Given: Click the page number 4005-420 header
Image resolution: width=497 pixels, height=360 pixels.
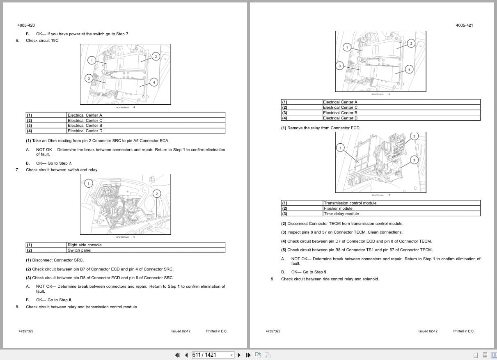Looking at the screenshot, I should coord(23,25).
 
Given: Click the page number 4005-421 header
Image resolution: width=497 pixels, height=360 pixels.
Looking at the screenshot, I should coord(464,25).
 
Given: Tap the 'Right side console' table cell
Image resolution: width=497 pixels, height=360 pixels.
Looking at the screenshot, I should coord(85,245).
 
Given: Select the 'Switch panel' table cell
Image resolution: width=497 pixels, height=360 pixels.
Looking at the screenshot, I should coord(79,250).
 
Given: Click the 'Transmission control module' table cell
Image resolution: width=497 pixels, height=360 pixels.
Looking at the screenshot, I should coord(350,203).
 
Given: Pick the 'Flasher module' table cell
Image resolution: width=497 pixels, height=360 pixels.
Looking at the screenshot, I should coord(338,209).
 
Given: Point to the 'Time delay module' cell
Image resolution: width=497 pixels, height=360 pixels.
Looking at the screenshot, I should coord(341,214).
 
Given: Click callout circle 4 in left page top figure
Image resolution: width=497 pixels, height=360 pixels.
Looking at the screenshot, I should coord(154,82).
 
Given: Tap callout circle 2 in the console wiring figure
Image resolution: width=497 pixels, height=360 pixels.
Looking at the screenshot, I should coord(157,193).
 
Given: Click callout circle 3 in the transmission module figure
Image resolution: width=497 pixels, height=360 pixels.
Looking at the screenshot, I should coord(415,160).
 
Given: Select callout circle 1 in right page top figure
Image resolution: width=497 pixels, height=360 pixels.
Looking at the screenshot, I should coord(347,47).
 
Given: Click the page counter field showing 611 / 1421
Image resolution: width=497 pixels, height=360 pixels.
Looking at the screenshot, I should coord(210,355).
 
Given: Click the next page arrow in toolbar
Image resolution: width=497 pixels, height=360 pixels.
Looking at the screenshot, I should coord(239,355).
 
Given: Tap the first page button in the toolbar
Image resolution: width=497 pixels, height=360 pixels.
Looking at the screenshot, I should coord(177,355).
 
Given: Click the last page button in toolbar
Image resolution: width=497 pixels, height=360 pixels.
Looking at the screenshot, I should coord(248,355).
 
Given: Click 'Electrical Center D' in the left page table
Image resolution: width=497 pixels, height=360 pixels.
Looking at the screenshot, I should coord(85,131).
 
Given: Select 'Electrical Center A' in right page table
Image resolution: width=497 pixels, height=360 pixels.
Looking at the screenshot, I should coord(340,102).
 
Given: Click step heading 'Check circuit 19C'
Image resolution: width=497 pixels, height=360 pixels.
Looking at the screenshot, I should coord(42,41).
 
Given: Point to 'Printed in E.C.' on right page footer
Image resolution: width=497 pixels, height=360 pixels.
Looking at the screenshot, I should coord(463,331).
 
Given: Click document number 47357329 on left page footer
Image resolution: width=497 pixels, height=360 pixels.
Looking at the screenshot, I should coord(26,331).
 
